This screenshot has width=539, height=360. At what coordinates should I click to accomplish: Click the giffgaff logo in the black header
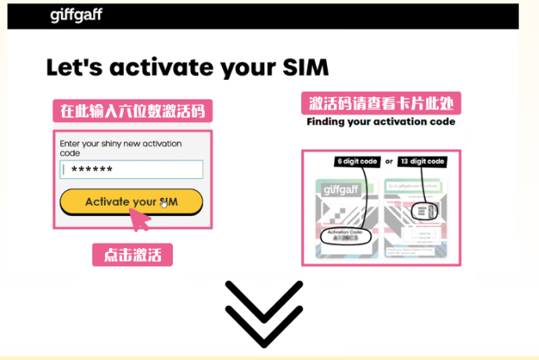(76, 15)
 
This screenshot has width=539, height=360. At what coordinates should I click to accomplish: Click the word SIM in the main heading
(301, 67)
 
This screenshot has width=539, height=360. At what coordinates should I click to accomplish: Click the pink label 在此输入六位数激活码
(132, 110)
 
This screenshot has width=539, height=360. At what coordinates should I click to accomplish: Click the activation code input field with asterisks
(131, 170)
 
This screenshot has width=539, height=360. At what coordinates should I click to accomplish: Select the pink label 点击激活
(132, 254)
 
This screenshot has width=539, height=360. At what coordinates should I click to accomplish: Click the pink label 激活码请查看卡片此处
(381, 103)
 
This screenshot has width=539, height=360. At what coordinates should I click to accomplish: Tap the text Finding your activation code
(381, 122)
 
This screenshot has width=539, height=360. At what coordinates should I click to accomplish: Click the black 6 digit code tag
(358, 162)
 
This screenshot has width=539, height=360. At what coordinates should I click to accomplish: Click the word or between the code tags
(389, 163)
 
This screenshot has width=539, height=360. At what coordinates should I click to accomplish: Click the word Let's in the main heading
(74, 67)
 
